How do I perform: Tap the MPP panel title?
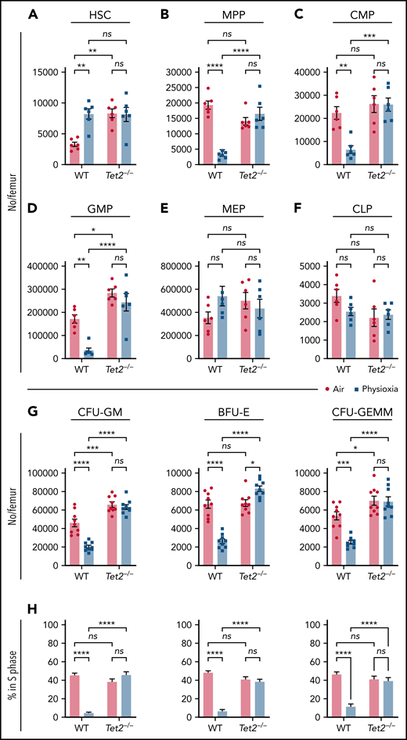coord(232,14)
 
